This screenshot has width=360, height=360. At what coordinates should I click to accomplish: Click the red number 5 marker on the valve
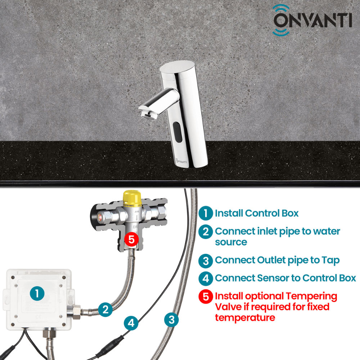pos(131,239)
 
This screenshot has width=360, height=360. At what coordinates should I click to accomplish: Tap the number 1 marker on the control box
pos(37,293)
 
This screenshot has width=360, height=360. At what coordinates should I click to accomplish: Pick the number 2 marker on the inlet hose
pos(105,309)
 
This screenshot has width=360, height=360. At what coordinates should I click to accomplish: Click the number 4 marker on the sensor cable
pos(131,323)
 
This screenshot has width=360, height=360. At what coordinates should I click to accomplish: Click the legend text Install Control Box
pos(256,213)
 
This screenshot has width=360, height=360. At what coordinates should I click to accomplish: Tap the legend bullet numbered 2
pos(206,231)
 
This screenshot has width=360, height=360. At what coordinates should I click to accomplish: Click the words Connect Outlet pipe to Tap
pos(277,260)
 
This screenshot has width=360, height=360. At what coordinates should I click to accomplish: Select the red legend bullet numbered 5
pos(206,296)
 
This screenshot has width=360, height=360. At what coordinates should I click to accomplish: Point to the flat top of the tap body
pos(178,67)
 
